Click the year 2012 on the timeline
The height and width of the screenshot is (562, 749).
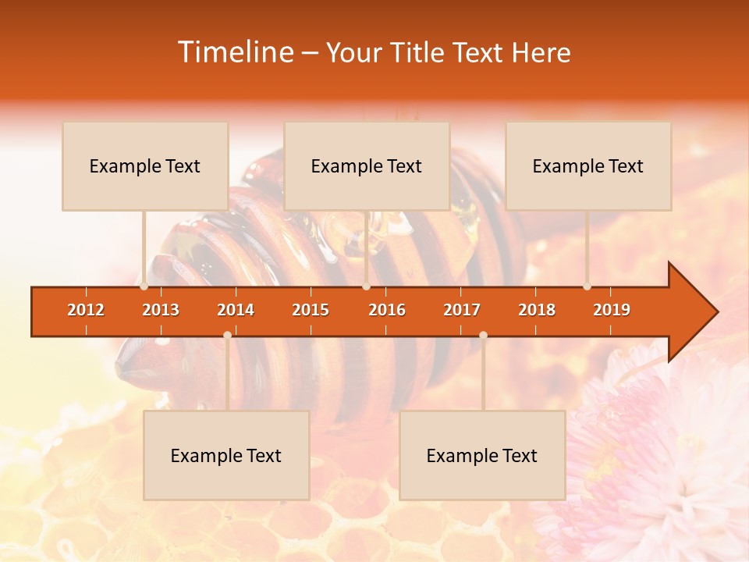pos(86,310)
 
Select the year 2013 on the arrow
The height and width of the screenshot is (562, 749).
pos(161,310)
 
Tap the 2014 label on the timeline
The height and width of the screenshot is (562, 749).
pos(236,310)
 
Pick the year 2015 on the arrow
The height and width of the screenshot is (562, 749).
pos(311,310)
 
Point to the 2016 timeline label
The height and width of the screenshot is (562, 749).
pos(387,310)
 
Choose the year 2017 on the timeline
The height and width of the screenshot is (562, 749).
pos(462,310)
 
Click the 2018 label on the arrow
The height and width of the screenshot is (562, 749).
pos(537,310)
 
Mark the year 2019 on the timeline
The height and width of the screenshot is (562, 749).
pos(612,310)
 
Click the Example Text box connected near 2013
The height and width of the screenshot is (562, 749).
pos(145,166)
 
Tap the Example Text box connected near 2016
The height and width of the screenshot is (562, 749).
pos(367,166)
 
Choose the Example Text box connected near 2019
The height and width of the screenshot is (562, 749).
pos(588,166)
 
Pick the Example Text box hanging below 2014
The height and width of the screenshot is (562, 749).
pos(226,456)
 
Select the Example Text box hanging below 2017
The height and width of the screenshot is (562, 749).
pos(482,456)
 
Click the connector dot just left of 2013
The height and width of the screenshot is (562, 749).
pos(144,286)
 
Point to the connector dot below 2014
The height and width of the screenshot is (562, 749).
pos(227,335)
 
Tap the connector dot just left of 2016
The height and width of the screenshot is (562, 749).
pos(366,286)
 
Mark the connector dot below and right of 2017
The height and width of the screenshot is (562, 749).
pos(483,335)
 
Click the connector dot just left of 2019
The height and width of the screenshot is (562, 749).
pos(587,286)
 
